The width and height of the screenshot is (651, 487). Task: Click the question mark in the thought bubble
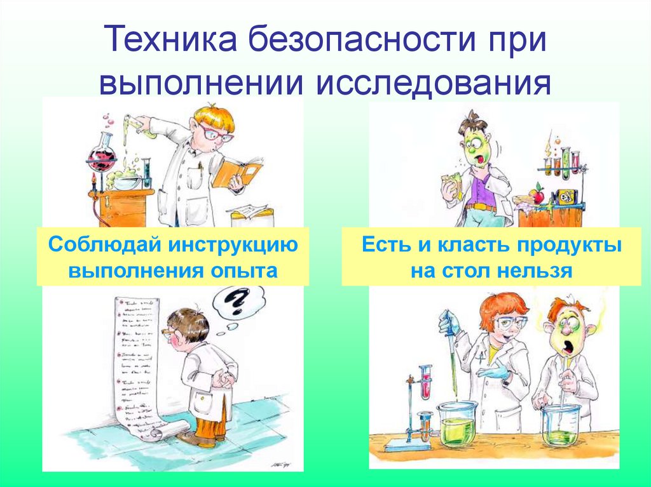(236, 302)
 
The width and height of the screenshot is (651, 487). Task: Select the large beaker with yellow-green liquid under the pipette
(456, 424)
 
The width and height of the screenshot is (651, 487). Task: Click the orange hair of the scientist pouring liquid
(214, 117)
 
